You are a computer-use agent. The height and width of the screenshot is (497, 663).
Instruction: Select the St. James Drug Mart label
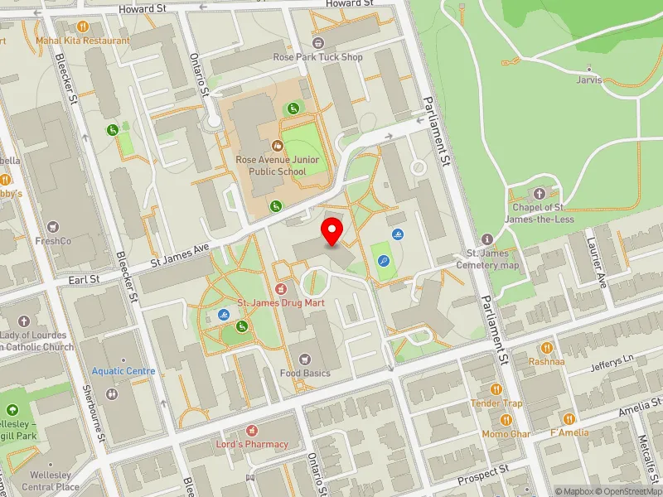tap(281, 303)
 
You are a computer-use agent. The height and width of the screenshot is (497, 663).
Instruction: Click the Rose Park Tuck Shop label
tap(318, 57)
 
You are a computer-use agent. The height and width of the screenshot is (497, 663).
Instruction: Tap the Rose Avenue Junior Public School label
tap(271, 165)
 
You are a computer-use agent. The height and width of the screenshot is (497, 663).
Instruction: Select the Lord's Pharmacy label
tap(253, 444)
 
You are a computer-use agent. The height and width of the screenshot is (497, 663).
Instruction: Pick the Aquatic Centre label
tap(123, 371)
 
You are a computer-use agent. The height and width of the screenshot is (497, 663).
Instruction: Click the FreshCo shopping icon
tap(54, 226)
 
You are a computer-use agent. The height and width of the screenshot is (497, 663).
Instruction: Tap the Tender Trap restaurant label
tap(496, 403)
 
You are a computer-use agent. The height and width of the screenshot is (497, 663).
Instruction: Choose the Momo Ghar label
tap(506, 433)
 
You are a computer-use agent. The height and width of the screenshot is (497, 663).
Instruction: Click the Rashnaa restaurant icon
tap(546, 349)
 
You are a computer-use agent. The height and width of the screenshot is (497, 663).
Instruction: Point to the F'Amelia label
tap(569, 432)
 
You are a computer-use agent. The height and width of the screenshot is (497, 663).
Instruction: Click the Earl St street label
tap(84, 280)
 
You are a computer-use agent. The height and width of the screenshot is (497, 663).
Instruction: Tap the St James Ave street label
tap(180, 255)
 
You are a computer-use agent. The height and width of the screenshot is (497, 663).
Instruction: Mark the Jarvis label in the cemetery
tap(588, 80)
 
